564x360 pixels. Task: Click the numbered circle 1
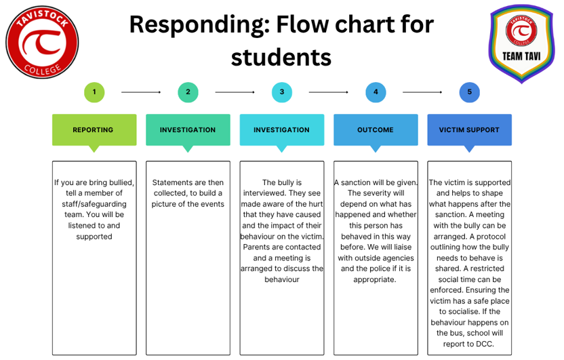click(x=94, y=92)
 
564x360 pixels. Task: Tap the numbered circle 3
click(x=281, y=92)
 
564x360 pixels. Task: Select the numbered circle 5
click(x=469, y=92)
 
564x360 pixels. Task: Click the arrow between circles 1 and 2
click(x=141, y=92)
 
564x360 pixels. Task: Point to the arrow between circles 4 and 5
click(x=422, y=92)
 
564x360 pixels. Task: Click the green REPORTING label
click(x=94, y=129)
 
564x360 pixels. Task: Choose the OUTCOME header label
click(x=375, y=129)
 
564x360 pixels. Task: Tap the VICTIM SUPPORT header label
click(x=469, y=129)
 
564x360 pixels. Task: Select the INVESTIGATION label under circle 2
click(x=188, y=129)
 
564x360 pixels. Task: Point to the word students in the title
click(x=281, y=56)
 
